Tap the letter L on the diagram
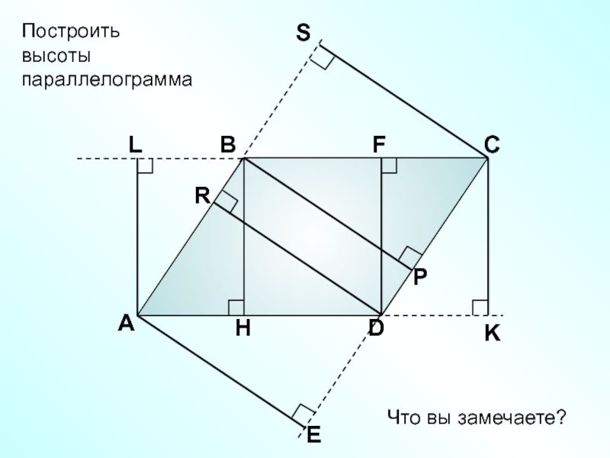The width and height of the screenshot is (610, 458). pos(135,144)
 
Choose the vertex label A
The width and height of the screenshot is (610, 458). pos(126,324)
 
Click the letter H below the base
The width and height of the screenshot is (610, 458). pos(243,329)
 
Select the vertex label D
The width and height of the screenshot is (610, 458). pos(377,329)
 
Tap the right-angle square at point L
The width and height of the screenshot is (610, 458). pos(145,166)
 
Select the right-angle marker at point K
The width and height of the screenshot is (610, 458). pos(480,307)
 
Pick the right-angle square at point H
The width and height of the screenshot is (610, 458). pos(236,307)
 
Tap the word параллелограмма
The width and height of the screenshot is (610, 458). pos(106,79)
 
